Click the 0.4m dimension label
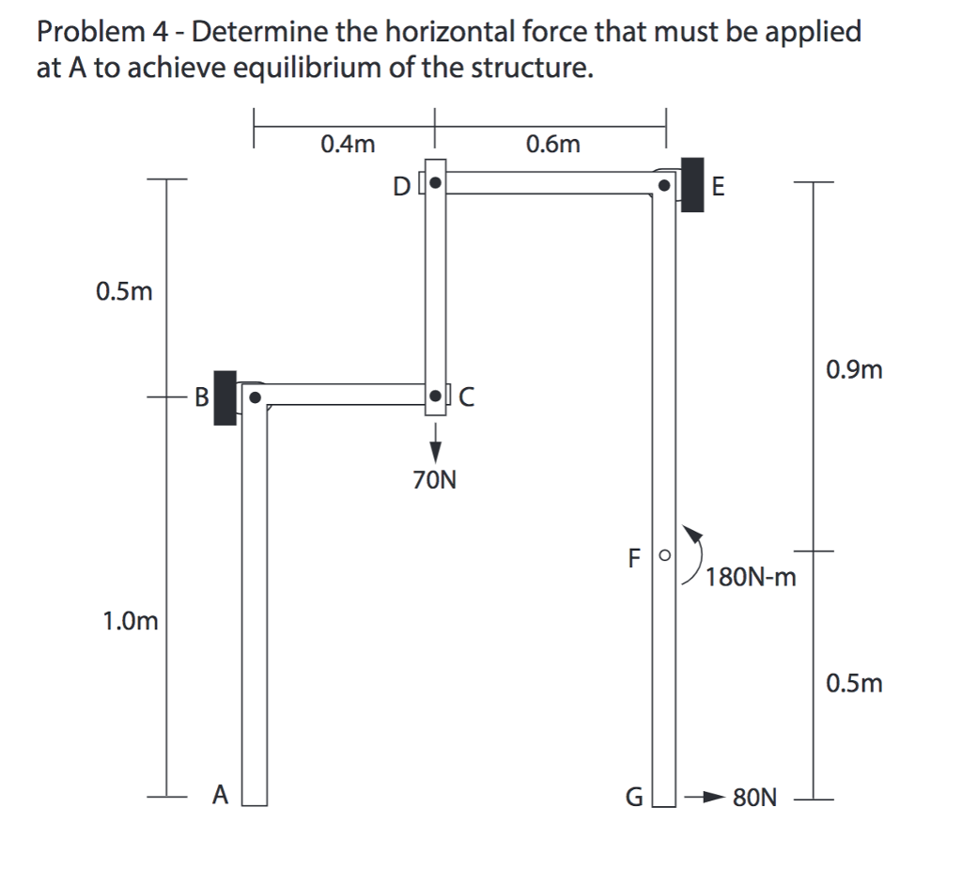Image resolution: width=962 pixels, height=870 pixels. click(348, 144)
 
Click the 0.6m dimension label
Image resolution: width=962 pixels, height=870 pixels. click(553, 144)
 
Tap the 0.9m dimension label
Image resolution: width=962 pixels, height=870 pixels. click(854, 369)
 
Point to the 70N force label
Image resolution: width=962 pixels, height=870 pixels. click(434, 482)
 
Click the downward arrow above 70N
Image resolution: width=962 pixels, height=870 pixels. click(434, 441)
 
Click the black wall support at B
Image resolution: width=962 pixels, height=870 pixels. click(225, 397)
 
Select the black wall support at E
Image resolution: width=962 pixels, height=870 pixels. click(691, 185)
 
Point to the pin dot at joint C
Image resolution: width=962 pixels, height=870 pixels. click(436, 396)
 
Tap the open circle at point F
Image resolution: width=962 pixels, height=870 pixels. click(664, 556)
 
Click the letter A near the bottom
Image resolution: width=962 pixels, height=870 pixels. click(220, 796)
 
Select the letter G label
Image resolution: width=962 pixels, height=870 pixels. click(634, 799)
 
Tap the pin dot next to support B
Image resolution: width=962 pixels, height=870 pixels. click(254, 396)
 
